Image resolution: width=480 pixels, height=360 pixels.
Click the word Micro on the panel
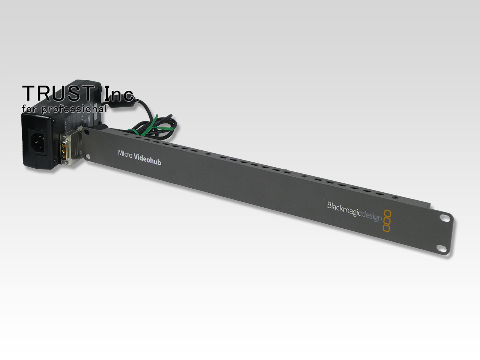(125, 154)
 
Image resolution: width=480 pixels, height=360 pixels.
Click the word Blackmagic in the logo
(344, 210)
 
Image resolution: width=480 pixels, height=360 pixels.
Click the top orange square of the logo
(388, 213)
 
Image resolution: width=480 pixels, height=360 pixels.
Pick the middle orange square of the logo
(387, 220)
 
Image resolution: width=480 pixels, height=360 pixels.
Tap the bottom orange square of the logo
(386, 228)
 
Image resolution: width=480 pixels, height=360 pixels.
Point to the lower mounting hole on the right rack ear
(441, 248)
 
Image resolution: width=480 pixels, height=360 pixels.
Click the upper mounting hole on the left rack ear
(87, 132)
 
